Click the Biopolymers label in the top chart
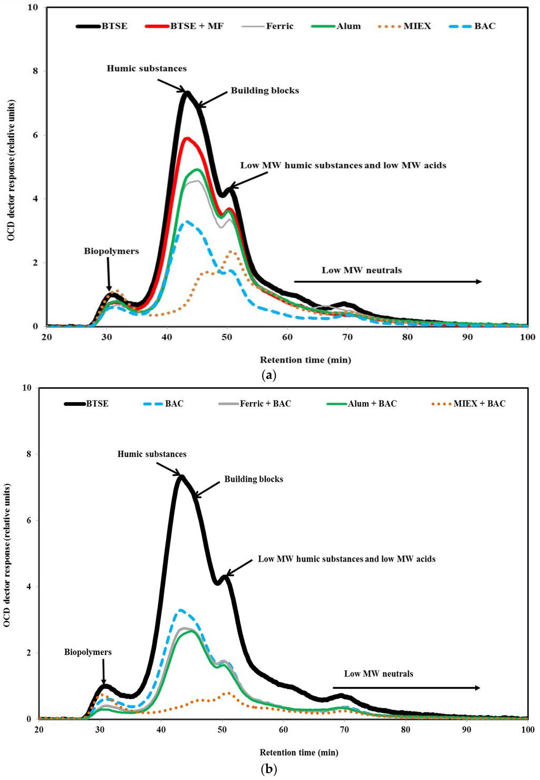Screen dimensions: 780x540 [x=111, y=251]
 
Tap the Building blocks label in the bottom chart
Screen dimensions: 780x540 [x=254, y=479]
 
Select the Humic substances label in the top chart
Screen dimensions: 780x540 [x=147, y=69]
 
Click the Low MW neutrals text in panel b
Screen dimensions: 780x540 [x=379, y=674]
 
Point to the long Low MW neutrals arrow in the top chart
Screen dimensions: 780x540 [x=388, y=282]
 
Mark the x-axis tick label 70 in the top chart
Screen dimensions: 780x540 [x=348, y=337]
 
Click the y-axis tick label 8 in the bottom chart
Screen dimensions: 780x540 [x=28, y=454]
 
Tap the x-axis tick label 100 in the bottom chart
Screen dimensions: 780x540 [x=527, y=730]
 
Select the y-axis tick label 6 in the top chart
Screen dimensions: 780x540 [x=36, y=135]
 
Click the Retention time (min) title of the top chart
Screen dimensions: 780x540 [x=305, y=360]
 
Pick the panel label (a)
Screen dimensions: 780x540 [x=268, y=375]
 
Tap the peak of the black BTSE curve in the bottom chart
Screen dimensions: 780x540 [x=181, y=477]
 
